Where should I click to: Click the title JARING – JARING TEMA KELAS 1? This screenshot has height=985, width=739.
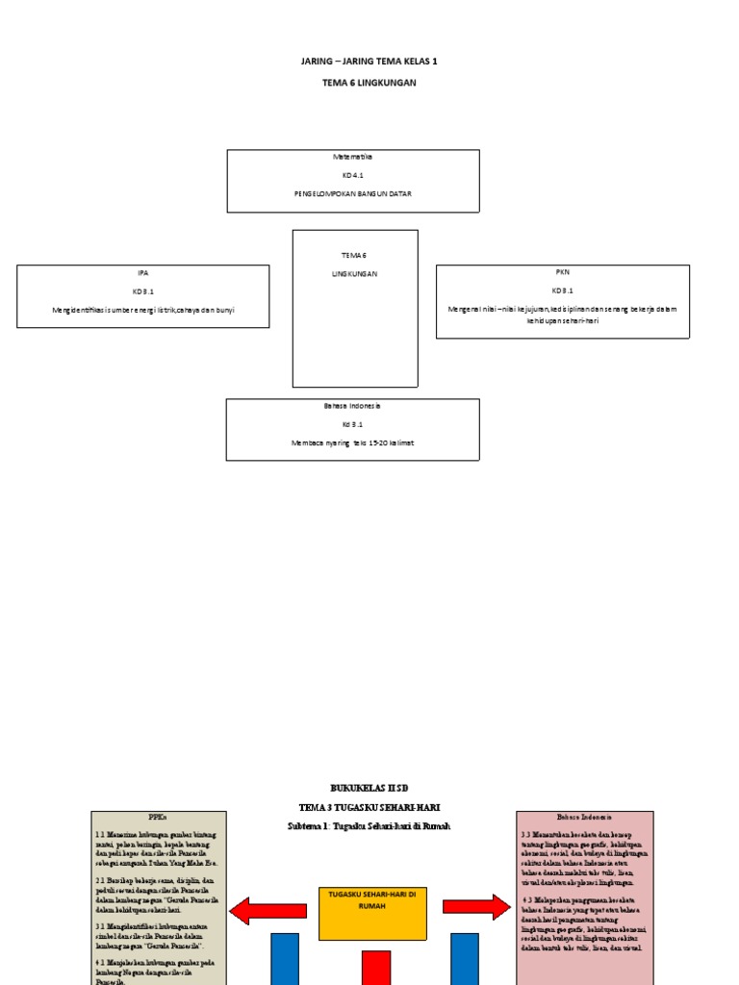coord(369,61)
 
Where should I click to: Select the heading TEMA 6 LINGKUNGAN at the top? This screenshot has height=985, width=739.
coord(369,83)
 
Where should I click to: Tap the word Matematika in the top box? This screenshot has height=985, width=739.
coord(352,156)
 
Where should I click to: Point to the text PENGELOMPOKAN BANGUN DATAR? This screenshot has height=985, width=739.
coord(352,193)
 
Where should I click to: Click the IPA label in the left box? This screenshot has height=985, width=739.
coord(142,272)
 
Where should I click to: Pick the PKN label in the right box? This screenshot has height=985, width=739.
coord(563,272)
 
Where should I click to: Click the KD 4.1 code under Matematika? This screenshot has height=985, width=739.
coord(352,175)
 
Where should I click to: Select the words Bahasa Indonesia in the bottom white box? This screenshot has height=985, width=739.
coord(352,406)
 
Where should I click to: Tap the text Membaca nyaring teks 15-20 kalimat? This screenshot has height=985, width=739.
coord(352,442)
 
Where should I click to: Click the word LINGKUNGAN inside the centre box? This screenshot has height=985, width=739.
coord(354,274)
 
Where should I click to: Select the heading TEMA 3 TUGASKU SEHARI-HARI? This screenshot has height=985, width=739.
coord(369,807)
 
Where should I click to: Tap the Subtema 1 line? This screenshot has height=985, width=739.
coord(369,826)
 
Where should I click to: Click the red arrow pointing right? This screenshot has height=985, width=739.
coord(476,907)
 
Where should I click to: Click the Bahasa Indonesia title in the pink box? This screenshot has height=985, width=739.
coord(584,818)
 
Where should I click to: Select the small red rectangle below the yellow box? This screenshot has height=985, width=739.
coord(376,967)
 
